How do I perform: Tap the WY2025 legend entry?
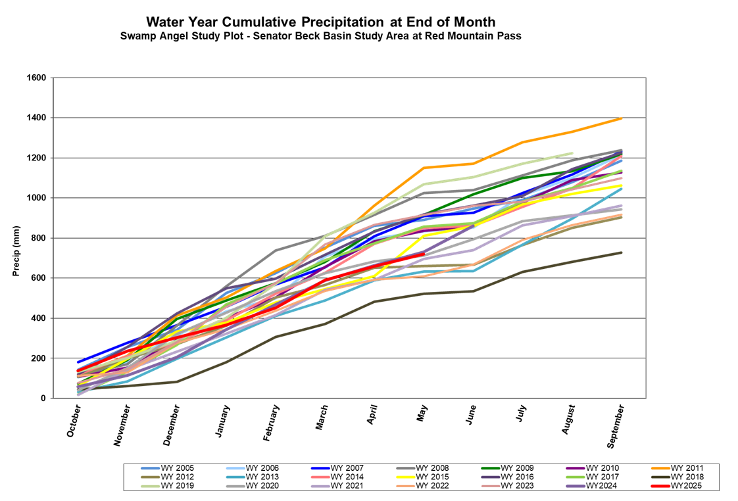pos(686,486)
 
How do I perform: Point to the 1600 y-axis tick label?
pos(36,78)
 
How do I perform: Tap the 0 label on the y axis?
pos(43,398)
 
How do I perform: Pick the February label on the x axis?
pos(270,423)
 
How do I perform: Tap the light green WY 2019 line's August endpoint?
pos(572,153)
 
